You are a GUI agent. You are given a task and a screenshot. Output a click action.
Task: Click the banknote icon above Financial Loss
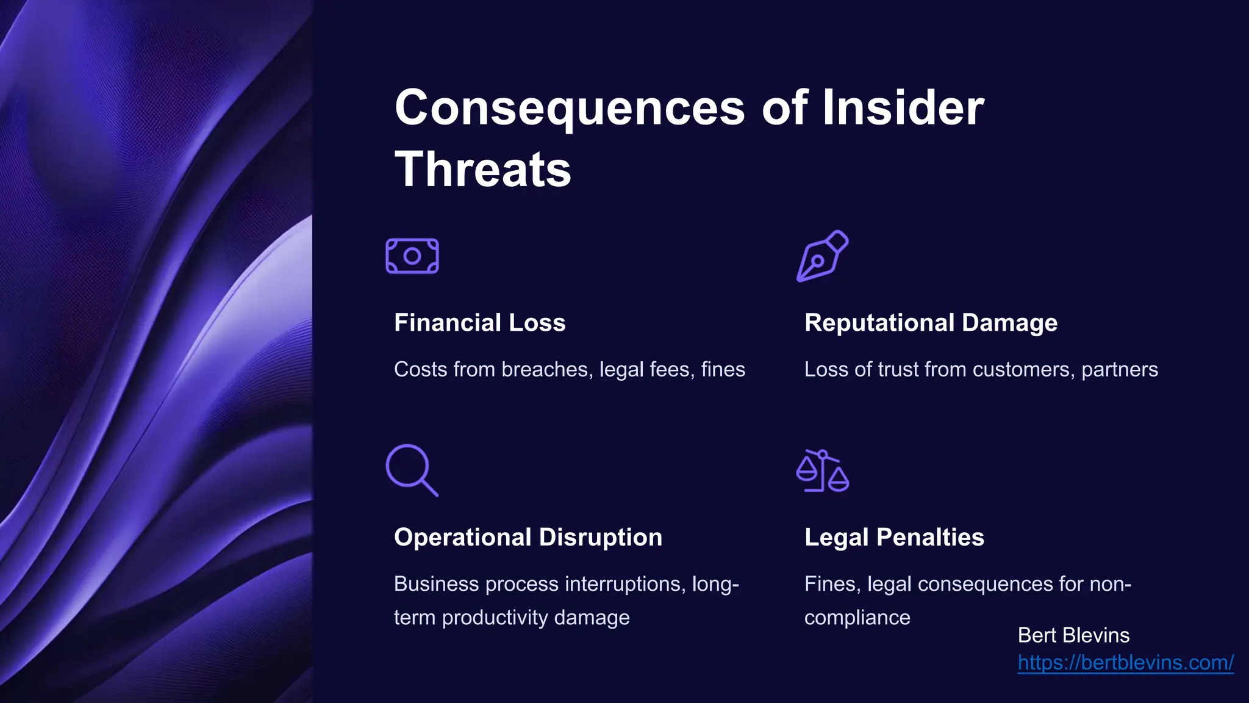tap(412, 256)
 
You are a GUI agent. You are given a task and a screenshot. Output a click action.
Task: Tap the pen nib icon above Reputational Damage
tap(822, 256)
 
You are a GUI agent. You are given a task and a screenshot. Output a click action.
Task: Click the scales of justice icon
tap(822, 470)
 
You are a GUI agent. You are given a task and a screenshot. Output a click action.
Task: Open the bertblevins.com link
tap(1125, 663)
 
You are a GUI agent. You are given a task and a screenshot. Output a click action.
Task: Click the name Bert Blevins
tap(1073, 635)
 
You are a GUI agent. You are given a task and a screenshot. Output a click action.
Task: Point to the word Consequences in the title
tap(570, 108)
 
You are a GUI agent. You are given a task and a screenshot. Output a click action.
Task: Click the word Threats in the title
tap(483, 170)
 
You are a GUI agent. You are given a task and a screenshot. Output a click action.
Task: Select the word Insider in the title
tap(903, 108)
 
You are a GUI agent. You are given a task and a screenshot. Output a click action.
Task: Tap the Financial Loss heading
tap(479, 323)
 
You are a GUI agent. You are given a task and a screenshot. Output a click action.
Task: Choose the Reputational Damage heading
tap(931, 323)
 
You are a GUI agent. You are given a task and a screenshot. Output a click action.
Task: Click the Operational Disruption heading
tap(528, 538)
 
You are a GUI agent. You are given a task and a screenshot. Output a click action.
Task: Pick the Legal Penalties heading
tap(894, 538)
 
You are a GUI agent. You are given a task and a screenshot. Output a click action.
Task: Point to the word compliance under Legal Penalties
tap(857, 618)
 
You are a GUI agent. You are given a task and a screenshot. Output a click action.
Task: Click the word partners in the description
tap(1120, 370)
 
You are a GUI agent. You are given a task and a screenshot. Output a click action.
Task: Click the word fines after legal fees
tap(723, 370)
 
